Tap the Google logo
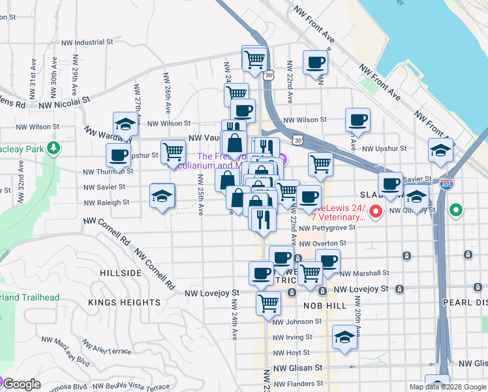[x=21, y=384]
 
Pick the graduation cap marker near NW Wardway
[x=125, y=123]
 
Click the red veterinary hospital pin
[x=376, y=211]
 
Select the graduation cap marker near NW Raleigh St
[x=162, y=195]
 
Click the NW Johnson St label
[x=297, y=321]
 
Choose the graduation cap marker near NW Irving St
[x=344, y=337]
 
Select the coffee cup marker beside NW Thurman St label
[x=119, y=155]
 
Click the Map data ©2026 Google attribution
[x=448, y=387]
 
